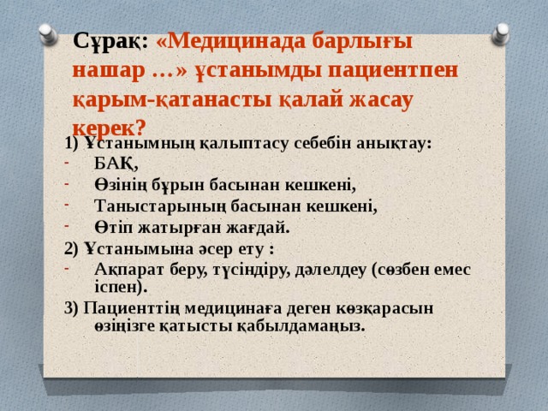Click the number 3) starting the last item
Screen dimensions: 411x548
(x=72, y=308)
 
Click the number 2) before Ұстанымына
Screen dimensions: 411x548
(x=72, y=248)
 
